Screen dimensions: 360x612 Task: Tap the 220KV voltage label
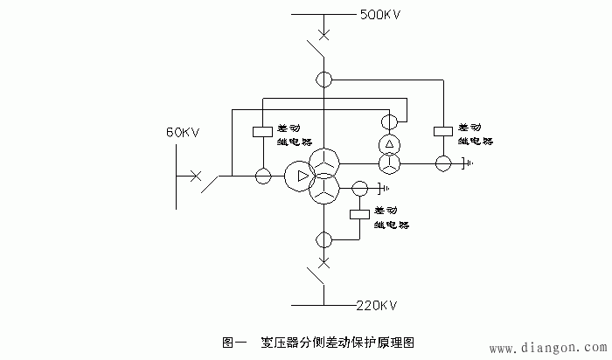point(378,306)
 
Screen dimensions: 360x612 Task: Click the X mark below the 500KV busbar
point(324,35)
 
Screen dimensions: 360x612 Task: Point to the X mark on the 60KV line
point(196,175)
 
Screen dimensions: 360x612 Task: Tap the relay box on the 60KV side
point(261,133)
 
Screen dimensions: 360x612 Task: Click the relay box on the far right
point(443,132)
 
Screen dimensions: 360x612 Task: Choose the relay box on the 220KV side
point(358,214)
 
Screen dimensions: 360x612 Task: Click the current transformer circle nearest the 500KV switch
point(324,80)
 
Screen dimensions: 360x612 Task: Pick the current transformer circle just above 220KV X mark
point(324,239)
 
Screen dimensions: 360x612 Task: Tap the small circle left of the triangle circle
point(261,176)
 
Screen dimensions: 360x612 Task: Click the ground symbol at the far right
point(469,163)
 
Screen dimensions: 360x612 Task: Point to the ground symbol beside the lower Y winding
point(381,187)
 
